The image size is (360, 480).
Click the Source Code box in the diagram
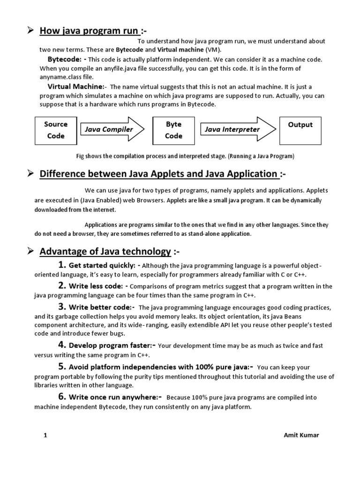pyautogui.click(x=55, y=130)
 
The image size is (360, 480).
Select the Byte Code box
pyautogui.click(x=173, y=130)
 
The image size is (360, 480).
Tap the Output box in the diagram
pyautogui.click(x=300, y=130)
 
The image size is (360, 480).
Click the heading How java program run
pyautogui.click(x=89, y=31)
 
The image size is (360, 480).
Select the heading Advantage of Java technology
pyautogui.click(x=105, y=252)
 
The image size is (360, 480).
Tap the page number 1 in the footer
pyautogui.click(x=45, y=435)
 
